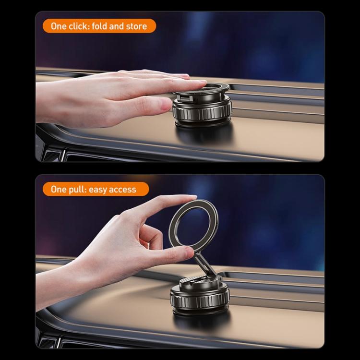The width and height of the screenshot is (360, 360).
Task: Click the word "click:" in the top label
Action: click(80, 26)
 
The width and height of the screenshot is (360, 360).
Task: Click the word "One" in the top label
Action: click(59, 26)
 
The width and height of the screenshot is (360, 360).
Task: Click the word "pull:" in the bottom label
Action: click(78, 189)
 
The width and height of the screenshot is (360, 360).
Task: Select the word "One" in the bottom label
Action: click(59, 189)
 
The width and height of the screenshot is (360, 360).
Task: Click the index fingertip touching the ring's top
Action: click(190, 198)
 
